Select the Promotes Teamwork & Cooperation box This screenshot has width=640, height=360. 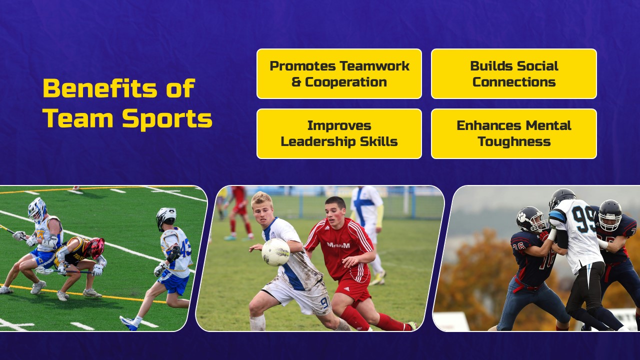click(339, 73)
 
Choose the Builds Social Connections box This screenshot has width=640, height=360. click(513, 73)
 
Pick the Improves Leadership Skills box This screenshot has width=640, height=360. click(339, 133)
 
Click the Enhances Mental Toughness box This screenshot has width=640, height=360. click(513, 133)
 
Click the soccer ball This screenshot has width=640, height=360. click(275, 251)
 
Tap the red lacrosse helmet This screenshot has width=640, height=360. click(94, 247)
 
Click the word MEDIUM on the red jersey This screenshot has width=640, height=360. click(338, 245)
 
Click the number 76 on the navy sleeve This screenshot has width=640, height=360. click(518, 246)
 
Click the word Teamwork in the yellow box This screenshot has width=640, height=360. click(374, 66)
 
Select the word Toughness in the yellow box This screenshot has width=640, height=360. click(513, 141)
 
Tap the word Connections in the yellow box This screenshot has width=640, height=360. click(513, 82)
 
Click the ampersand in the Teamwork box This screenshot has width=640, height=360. click(296, 82)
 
